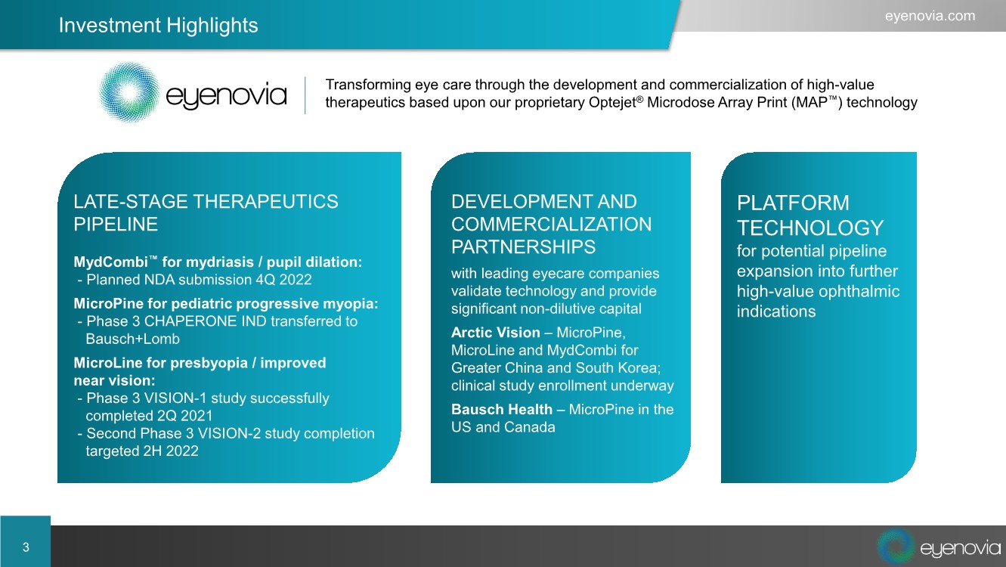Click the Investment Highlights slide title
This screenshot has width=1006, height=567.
158,25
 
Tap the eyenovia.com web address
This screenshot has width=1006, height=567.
930,16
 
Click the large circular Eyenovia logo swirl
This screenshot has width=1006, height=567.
129,92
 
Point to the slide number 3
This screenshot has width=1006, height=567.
26,547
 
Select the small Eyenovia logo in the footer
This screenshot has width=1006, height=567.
939,547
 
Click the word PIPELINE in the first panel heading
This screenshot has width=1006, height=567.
116,225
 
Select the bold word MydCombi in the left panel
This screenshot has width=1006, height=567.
110,262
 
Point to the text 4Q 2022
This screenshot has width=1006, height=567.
283,280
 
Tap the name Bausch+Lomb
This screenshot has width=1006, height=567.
132,339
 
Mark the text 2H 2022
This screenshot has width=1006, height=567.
170,451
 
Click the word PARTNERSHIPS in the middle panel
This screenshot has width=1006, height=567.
523,246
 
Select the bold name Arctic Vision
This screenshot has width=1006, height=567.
495,333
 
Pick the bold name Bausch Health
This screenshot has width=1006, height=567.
502,409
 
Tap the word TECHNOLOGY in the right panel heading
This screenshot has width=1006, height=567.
810,228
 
